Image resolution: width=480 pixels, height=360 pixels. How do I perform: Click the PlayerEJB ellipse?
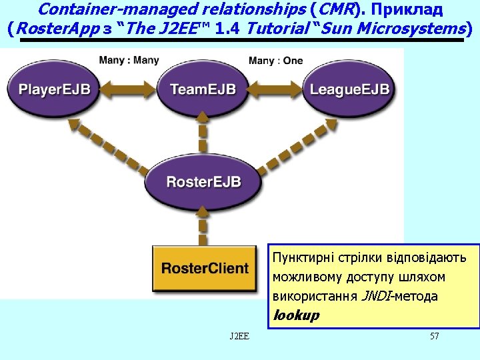(x=53, y=89)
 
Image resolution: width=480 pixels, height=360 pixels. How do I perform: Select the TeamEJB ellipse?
(x=203, y=89)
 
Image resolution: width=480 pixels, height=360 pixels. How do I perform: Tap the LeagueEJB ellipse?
(x=349, y=89)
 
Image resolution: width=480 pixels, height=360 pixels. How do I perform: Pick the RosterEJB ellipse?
(x=203, y=182)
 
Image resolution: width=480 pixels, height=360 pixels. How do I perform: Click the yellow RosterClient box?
(x=205, y=268)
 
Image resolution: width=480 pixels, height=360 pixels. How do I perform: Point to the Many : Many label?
(x=129, y=60)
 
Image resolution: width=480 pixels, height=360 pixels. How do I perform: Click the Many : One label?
(x=275, y=60)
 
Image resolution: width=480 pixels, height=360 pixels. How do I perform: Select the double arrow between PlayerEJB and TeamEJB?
(x=128, y=90)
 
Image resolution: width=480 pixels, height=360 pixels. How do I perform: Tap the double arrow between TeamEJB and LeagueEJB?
(x=275, y=90)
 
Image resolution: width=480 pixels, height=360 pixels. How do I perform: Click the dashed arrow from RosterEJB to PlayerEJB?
(x=108, y=147)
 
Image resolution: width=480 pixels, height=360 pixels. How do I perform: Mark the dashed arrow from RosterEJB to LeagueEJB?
(x=297, y=146)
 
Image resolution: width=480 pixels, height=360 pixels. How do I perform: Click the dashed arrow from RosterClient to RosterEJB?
(x=203, y=226)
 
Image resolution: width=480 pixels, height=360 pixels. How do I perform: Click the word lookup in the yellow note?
(x=296, y=315)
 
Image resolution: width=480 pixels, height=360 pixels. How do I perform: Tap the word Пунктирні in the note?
(x=303, y=258)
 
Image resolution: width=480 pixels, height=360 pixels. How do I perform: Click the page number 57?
(x=435, y=336)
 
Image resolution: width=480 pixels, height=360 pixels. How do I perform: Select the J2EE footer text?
(x=239, y=336)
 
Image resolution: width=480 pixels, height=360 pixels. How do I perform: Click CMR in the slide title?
(x=335, y=9)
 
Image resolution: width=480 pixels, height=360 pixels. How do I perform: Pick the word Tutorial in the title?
(x=278, y=29)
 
